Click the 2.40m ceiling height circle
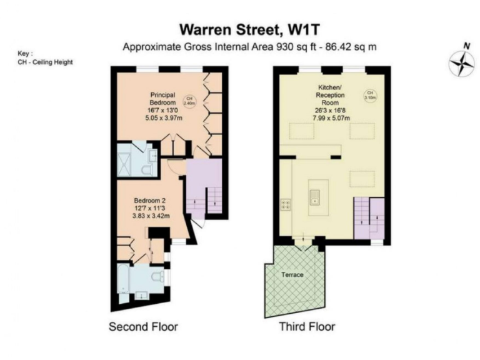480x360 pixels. point(189,101)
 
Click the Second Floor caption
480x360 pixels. point(143,326)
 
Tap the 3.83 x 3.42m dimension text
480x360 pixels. point(148,216)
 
